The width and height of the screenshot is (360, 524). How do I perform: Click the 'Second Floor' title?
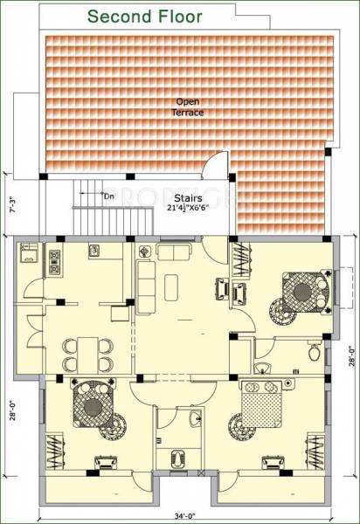(x=145, y=17)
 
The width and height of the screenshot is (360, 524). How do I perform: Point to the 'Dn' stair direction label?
(x=109, y=196)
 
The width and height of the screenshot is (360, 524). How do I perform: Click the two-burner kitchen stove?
(x=54, y=260)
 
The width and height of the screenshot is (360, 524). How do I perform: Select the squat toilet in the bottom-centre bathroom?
(x=177, y=456)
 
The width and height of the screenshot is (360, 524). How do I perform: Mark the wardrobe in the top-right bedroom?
(x=239, y=259)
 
